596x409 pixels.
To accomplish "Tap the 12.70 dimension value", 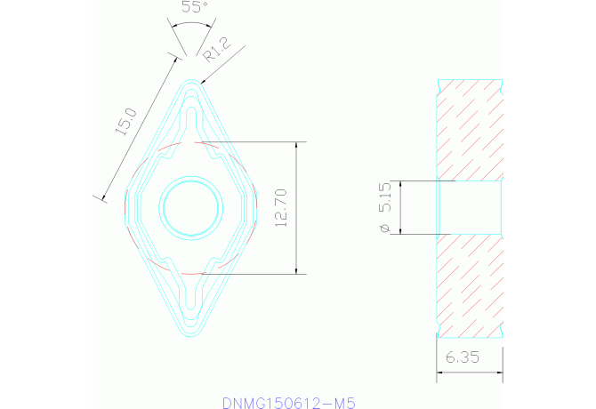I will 283,208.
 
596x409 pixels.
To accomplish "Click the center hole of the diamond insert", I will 189,208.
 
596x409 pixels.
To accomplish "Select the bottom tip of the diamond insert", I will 190,339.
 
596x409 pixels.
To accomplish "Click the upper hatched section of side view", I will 471,129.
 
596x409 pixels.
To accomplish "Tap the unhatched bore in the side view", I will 471,208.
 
